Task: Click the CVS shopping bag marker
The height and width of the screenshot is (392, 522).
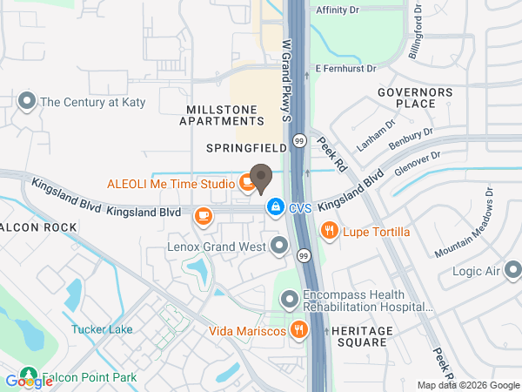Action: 275,206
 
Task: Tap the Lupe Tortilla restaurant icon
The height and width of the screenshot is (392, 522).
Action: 329,230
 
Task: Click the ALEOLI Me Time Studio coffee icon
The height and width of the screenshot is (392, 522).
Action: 247,183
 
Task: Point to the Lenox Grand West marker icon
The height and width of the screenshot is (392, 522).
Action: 279,247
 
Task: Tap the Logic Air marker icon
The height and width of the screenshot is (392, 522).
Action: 513,270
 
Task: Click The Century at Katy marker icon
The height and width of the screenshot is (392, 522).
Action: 26,101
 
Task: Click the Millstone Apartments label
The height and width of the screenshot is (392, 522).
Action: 221,115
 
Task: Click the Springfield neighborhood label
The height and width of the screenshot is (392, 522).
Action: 246,148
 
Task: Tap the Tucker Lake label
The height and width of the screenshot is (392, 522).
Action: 102,330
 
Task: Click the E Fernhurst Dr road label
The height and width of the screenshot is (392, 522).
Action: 345,68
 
